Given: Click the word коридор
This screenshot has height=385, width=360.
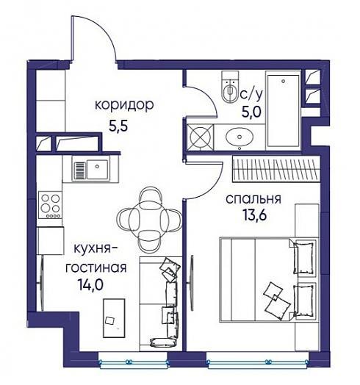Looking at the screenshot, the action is pyautogui.click(x=124, y=106).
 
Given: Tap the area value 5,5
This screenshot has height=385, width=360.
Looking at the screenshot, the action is pyautogui.click(x=118, y=126).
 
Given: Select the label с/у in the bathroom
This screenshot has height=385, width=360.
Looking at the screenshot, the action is pyautogui.click(x=251, y=94).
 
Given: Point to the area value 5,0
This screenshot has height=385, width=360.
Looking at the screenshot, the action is pyautogui.click(x=251, y=112).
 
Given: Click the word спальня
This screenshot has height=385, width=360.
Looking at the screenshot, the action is pyautogui.click(x=253, y=199).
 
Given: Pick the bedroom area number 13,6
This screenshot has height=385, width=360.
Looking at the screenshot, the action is pyautogui.click(x=255, y=215).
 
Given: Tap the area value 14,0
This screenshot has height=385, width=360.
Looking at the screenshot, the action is pyautogui.click(x=90, y=285).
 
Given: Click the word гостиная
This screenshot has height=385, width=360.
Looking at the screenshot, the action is pyautogui.click(x=96, y=267).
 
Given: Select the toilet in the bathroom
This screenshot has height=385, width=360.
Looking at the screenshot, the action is pyautogui.click(x=230, y=87).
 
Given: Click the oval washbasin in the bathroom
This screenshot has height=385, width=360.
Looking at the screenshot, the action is pyautogui.click(x=240, y=137).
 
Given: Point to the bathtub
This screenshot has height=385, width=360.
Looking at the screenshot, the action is pyautogui.click(x=283, y=110).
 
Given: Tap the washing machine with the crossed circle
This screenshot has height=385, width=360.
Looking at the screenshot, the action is pyautogui.click(x=200, y=137).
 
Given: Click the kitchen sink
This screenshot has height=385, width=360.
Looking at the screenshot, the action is pyautogui.click(x=91, y=170).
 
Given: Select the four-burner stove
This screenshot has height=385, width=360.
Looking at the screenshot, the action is pyautogui.click(x=51, y=205).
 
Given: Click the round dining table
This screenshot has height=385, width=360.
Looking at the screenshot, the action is pyautogui.click(x=150, y=218).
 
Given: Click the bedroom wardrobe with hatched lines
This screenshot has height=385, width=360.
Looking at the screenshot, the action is pyautogui.click(x=276, y=170).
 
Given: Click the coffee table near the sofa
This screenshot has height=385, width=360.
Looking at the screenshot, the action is pyautogui.click(x=114, y=318).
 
